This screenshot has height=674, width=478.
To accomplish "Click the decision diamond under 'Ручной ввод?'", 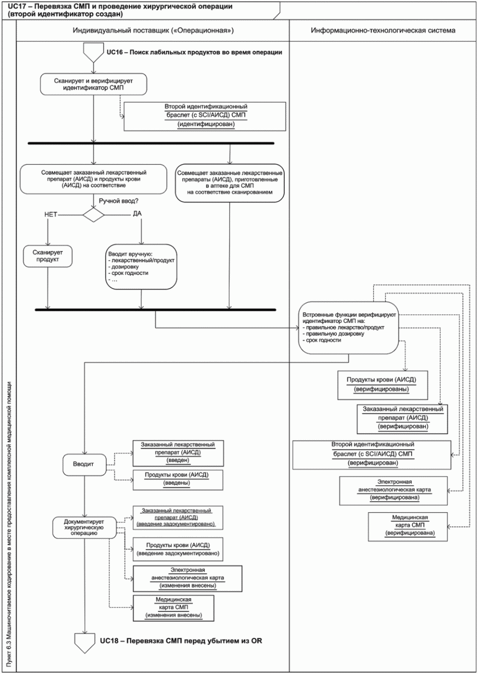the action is click(x=94, y=215).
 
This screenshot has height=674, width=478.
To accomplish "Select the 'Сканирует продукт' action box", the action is click(x=48, y=256).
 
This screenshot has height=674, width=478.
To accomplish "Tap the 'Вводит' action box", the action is click(x=84, y=465).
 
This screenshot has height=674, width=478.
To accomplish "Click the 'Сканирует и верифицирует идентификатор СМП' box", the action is click(x=94, y=84).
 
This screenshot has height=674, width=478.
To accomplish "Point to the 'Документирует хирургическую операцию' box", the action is click(x=84, y=528).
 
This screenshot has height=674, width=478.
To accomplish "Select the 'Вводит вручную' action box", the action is click(x=141, y=267).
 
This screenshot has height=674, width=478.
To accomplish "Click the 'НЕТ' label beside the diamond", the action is click(x=51, y=215).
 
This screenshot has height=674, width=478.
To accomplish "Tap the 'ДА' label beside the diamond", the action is click(x=137, y=213).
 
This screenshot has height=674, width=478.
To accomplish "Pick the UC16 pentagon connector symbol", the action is click(x=94, y=52).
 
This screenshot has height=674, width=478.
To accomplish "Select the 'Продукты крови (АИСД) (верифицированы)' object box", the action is click(x=382, y=385).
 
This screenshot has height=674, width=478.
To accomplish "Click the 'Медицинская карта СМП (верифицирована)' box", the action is click(x=408, y=527).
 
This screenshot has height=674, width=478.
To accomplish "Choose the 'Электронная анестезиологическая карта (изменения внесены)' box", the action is click(x=187, y=579).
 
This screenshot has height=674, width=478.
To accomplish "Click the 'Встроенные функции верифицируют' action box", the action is click(x=349, y=328).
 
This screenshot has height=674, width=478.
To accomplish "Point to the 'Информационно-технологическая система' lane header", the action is click(x=383, y=30).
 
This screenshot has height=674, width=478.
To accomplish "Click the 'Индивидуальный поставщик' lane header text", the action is click(x=153, y=30).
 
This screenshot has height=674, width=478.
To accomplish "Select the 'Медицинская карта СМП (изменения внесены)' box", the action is click(x=173, y=608).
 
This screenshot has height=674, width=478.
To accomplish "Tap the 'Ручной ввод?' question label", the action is click(x=119, y=201).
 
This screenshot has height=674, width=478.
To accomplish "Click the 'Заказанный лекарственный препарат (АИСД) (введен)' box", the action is click(x=178, y=453).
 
